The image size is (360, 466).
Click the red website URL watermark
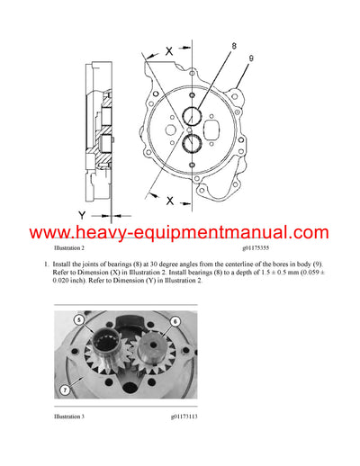(180, 232)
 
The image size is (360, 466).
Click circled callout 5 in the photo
(79, 320)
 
